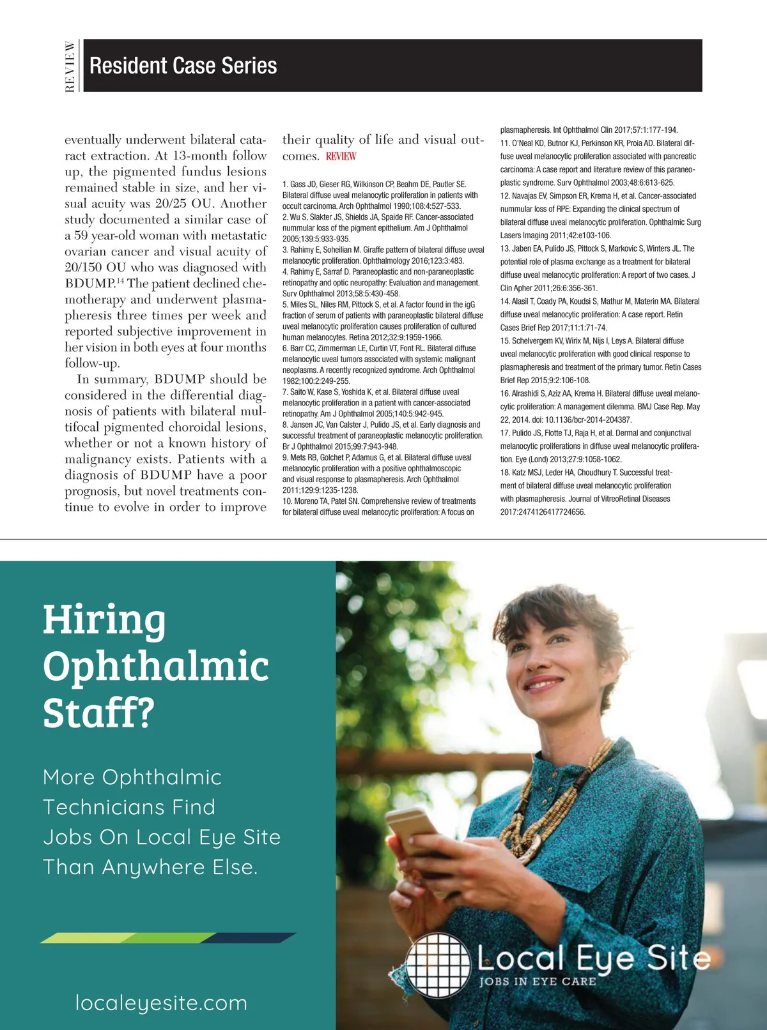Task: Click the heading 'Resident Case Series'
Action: tap(183, 66)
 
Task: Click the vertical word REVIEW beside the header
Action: tap(70, 66)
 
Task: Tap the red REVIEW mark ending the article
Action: tap(341, 156)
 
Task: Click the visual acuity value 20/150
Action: tap(84, 268)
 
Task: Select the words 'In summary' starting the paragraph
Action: tap(112, 379)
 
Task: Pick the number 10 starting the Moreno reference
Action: tap(286, 501)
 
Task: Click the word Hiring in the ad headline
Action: tap(104, 620)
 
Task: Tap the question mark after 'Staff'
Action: tap(146, 713)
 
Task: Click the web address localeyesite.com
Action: tap(161, 1003)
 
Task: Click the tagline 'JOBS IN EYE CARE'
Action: tap(538, 981)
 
